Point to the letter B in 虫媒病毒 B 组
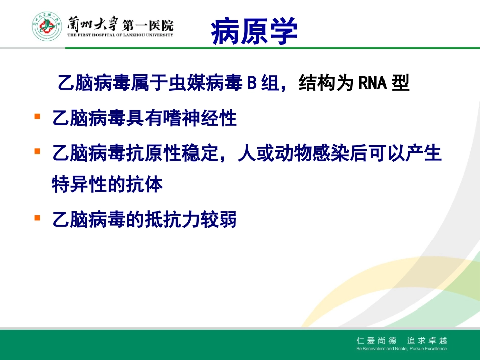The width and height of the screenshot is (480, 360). coord(251,83)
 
